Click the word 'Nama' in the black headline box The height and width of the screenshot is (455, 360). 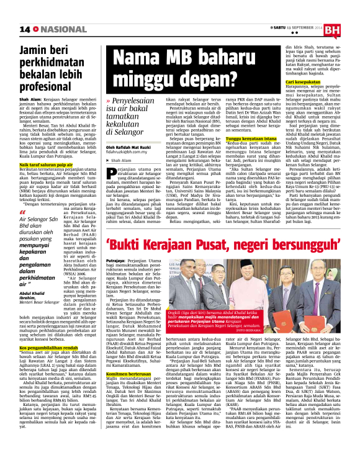click(135, 60)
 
